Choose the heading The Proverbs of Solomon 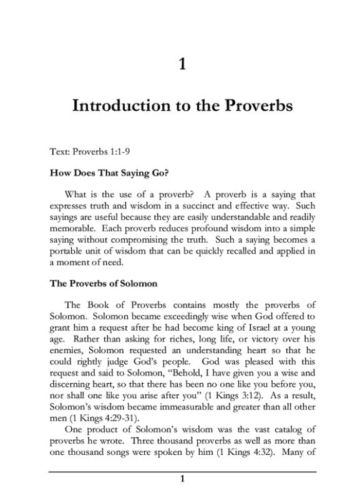coord(103,283)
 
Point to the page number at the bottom coord(182,479)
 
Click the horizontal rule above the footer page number coord(182,471)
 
